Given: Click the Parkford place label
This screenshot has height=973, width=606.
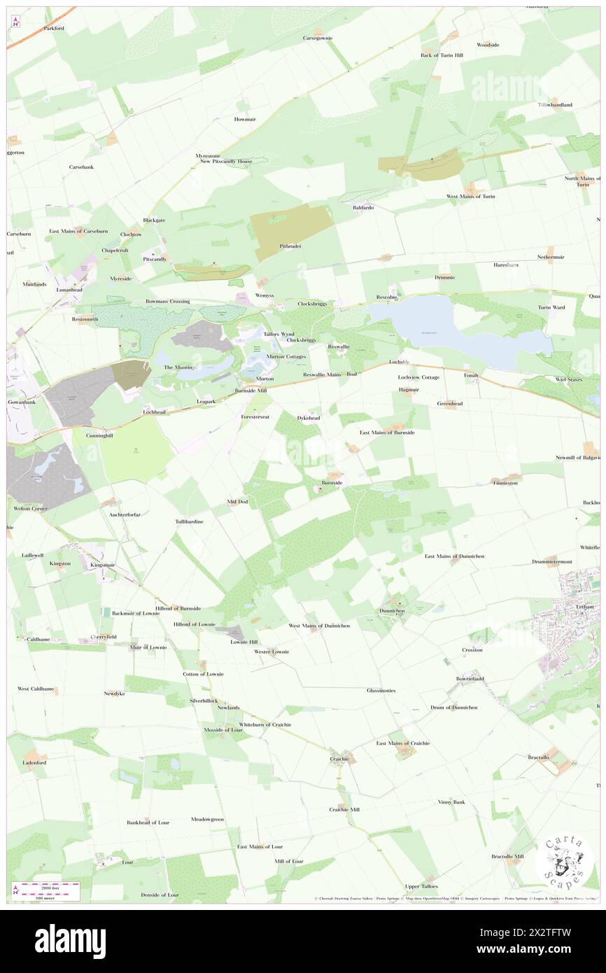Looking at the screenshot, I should click(x=54, y=29).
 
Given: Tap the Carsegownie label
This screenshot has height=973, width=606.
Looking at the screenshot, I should click(x=317, y=38).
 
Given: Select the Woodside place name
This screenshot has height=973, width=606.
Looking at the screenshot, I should click(x=488, y=45).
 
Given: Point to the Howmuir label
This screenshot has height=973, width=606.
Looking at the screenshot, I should click(x=245, y=119).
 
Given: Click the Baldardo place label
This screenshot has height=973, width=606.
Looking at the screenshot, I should click(x=362, y=208).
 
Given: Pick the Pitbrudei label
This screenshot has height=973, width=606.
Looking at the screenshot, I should click(x=290, y=246).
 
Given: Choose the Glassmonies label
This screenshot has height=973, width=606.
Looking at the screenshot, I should click(x=381, y=690).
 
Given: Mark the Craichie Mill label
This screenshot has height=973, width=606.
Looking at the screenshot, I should click(x=344, y=809).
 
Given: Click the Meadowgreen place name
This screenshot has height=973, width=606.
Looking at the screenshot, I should click(x=207, y=819).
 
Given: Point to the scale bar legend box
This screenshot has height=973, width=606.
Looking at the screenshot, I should click(x=48, y=890).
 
